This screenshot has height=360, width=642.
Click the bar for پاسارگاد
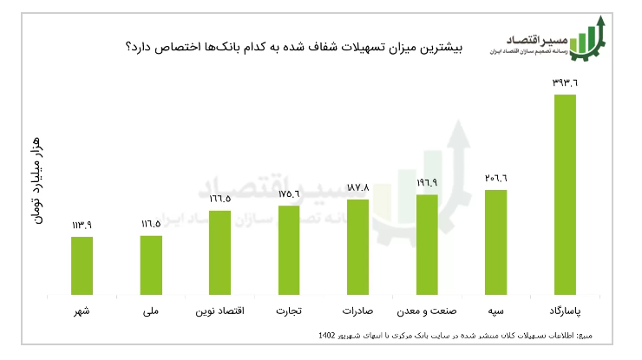pyautogui.click(x=565, y=193)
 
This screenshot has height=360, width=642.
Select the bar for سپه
pyautogui.click(x=495, y=241)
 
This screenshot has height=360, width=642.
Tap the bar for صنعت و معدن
pyautogui.click(x=427, y=244)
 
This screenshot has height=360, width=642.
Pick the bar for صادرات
pyautogui.click(x=357, y=246)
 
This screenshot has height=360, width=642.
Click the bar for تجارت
pyautogui.click(x=289, y=249)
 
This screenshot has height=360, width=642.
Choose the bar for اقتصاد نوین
pyautogui.click(x=219, y=252)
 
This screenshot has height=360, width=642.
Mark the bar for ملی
pyautogui.click(x=151, y=264)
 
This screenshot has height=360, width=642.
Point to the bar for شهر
pyautogui.click(x=82, y=265)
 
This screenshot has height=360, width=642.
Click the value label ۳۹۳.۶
pyautogui.click(x=565, y=82)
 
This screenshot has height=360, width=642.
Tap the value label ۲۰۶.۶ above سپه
pyautogui.click(x=495, y=178)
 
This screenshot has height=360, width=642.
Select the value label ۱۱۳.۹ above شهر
pyautogui.click(x=82, y=225)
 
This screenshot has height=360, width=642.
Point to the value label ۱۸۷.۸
pyautogui.click(x=357, y=187)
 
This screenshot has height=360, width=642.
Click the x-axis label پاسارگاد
pyautogui.click(x=565, y=310)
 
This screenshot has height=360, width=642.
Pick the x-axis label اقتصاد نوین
pyautogui.click(x=219, y=310)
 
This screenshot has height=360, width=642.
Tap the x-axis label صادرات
pyautogui.click(x=357, y=310)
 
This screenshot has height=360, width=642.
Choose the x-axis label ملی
pyautogui.click(x=151, y=310)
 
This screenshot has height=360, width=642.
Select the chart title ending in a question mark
pyautogui.click(x=295, y=48)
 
